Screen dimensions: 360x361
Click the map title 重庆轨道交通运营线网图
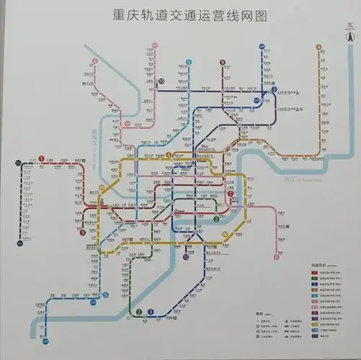tap(180, 15)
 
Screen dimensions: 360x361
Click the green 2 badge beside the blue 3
tap(138, 312)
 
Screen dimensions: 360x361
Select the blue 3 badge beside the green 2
tap(151, 312)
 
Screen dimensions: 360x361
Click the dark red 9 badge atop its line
tap(223, 62)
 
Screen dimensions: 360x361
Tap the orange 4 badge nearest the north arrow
tap(318, 48)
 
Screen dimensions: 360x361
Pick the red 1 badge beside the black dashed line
tap(42, 159)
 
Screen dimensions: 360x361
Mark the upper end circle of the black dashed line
tap(19, 163)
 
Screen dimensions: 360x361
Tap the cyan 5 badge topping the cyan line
tap(188, 62)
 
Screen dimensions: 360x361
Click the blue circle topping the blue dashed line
tap(261, 47)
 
